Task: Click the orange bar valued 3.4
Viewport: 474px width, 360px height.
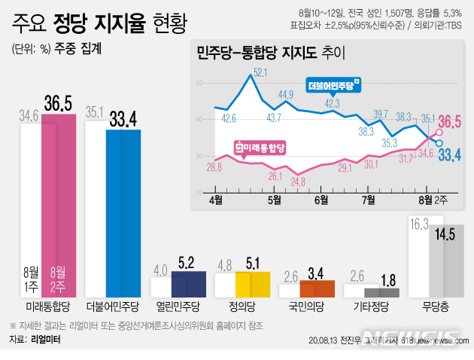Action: (318, 288)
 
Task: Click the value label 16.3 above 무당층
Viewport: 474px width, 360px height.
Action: (420, 224)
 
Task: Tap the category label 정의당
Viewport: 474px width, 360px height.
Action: (242, 308)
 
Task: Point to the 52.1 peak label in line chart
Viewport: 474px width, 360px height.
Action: (261, 72)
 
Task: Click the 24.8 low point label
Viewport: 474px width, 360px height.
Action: (297, 182)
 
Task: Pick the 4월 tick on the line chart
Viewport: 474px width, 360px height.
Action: (217, 200)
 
